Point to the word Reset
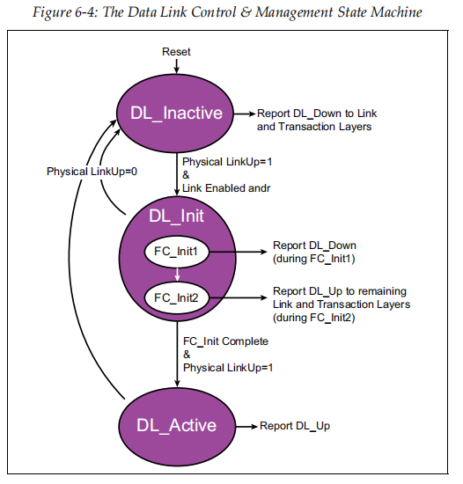[176, 52]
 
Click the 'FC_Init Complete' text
[225, 341]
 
